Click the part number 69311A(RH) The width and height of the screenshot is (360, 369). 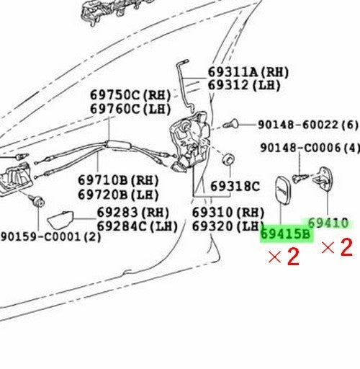[x=248, y=72]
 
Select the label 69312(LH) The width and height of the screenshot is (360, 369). [x=244, y=85]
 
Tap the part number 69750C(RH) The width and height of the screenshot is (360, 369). [x=130, y=95]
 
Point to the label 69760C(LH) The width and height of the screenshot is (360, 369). [x=130, y=110]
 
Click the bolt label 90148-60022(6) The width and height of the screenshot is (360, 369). [x=308, y=125]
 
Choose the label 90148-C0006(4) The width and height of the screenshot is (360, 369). [x=310, y=148]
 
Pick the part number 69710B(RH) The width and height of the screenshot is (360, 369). [x=118, y=180]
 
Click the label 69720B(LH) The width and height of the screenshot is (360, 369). [x=118, y=195]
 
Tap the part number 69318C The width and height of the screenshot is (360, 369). [x=235, y=186]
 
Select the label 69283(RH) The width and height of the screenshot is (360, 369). [x=133, y=213]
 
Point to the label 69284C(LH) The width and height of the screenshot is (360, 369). [x=137, y=226]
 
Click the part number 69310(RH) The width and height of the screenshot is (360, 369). [x=228, y=213]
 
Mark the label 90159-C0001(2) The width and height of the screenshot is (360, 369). [x=51, y=237]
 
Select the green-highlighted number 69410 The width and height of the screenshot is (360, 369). [x=328, y=223]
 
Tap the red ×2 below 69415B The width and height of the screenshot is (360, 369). [x=284, y=257]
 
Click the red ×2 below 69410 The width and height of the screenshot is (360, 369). [x=337, y=247]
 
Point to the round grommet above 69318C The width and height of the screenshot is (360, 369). [x=228, y=159]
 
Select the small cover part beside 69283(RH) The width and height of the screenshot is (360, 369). [x=60, y=219]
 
